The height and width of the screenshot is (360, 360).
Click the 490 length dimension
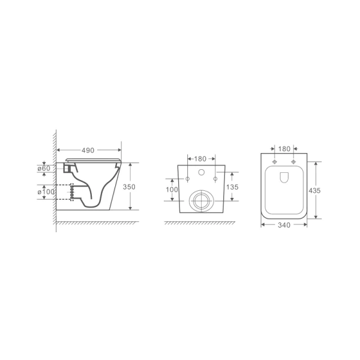coord(89,150)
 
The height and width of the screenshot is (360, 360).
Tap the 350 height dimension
coord(129,187)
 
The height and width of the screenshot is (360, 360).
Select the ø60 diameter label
coord(44,169)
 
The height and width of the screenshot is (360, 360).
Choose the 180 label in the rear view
coord(201,159)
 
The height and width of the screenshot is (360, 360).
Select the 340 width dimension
coord(284,225)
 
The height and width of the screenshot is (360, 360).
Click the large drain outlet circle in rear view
coord(200,200)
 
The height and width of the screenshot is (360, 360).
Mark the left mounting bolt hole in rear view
coord(187,179)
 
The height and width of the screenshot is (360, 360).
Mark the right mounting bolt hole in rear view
coord(214,179)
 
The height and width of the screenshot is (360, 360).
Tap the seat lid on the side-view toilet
coord(93,159)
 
